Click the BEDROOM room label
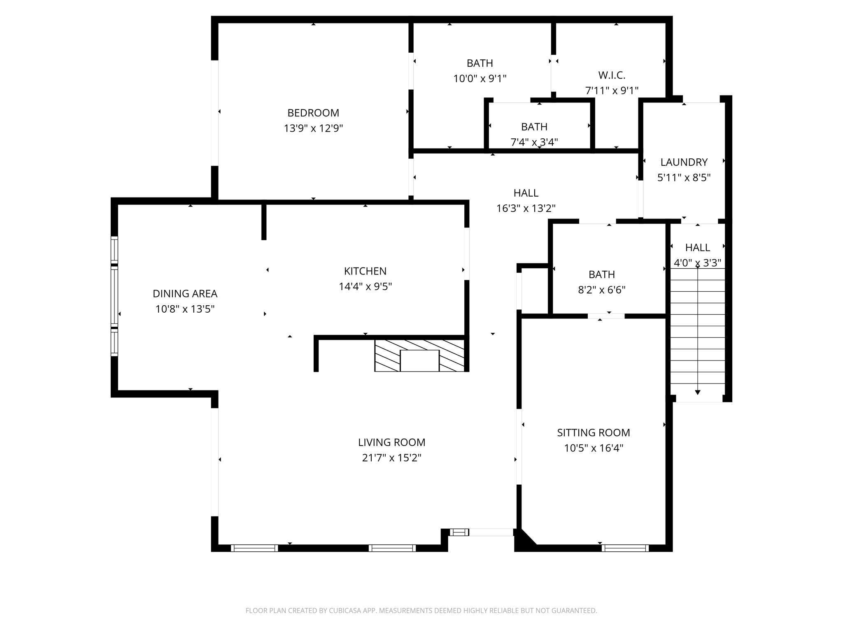pyautogui.click(x=313, y=113)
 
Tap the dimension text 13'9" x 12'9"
pyautogui.click(x=313, y=128)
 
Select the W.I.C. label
pyautogui.click(x=612, y=75)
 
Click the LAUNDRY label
pyautogui.click(x=684, y=162)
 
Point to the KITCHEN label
pyautogui.click(x=365, y=271)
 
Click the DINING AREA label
pyautogui.click(x=185, y=294)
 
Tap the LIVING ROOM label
pyautogui.click(x=391, y=442)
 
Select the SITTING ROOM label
pyautogui.click(x=593, y=432)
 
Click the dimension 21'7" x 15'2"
pyautogui.click(x=391, y=458)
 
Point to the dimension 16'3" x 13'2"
pyautogui.click(x=526, y=208)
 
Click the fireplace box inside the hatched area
pyautogui.click(x=419, y=360)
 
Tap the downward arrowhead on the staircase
pyautogui.click(x=697, y=392)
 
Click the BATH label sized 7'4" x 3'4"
pyautogui.click(x=534, y=127)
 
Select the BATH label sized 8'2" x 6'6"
pyautogui.click(x=601, y=274)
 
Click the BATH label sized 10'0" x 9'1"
pyautogui.click(x=480, y=63)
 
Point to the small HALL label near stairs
pyautogui.click(x=697, y=247)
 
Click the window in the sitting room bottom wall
pyautogui.click(x=625, y=548)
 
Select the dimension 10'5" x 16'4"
pyautogui.click(x=593, y=448)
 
